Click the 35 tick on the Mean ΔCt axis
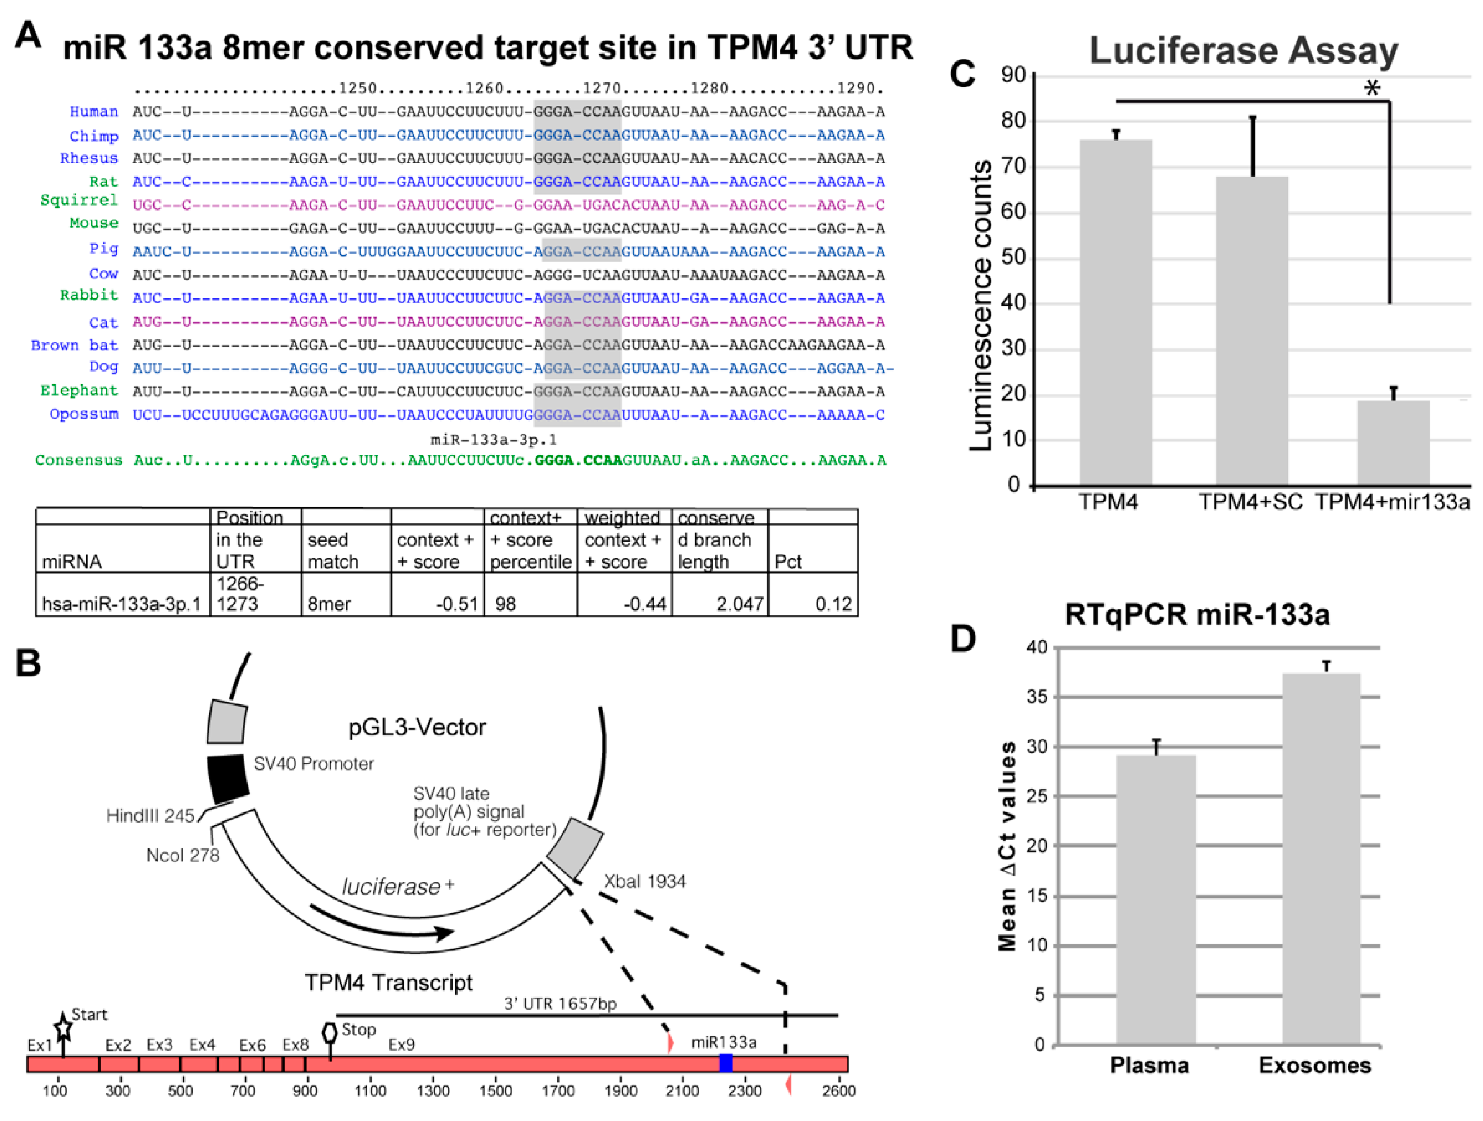1037,697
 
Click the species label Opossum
84,414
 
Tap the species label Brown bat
74,345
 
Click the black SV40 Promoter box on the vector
227,779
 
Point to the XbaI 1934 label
644,881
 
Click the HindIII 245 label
150,815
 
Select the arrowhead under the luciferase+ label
443,933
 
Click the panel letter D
963,638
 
